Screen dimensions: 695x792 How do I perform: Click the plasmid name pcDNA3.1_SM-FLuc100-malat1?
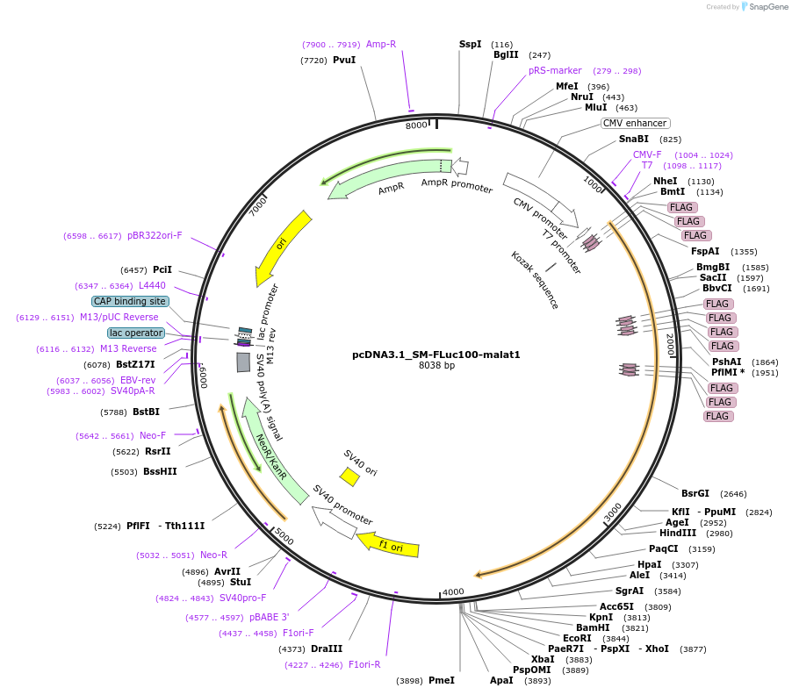click(436, 355)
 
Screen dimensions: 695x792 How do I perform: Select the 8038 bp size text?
click(436, 366)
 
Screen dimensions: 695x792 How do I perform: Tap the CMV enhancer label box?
click(635, 124)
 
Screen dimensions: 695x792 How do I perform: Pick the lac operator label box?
click(136, 333)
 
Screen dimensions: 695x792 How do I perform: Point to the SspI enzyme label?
click(471, 44)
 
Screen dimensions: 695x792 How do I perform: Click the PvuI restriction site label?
click(344, 61)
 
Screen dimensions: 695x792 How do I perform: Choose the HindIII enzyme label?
click(677, 533)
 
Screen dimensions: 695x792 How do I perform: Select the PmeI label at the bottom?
click(441, 680)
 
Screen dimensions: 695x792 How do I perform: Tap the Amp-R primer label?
click(381, 44)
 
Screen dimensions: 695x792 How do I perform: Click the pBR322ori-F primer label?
click(155, 235)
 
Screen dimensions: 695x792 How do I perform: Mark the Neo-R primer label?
click(213, 555)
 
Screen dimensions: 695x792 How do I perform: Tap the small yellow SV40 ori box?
click(349, 476)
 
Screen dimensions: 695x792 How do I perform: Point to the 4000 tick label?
click(453, 591)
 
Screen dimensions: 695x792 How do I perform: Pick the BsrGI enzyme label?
click(695, 493)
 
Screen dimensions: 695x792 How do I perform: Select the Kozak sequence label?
click(535, 280)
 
